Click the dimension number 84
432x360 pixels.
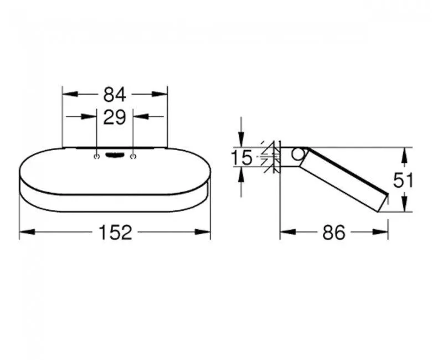point(115,95)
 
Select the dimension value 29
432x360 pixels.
point(115,117)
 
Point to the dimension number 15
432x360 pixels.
point(241,158)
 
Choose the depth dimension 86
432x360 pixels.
point(333,233)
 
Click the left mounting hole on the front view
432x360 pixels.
point(97,157)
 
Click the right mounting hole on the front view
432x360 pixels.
point(133,157)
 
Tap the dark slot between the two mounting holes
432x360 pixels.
point(115,156)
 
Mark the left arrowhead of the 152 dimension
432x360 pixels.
point(25,232)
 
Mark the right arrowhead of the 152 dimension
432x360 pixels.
point(205,232)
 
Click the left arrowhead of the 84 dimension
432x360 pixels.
point(68,95)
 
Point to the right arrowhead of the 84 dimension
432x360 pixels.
point(162,95)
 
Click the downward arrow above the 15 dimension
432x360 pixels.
point(241,141)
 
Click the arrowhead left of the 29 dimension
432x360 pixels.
point(91,117)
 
